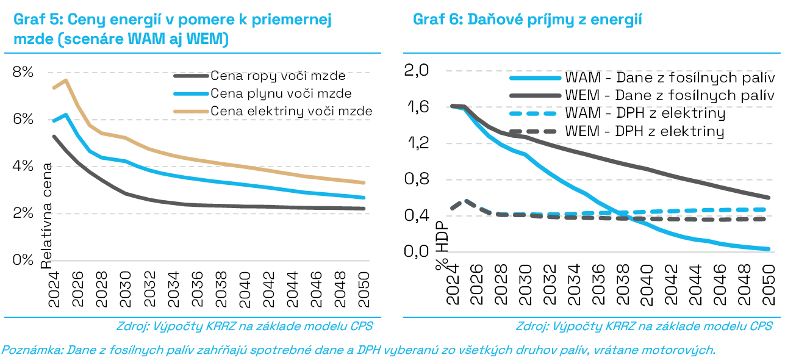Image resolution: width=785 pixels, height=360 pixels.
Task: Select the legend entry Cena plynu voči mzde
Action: (x=281, y=94)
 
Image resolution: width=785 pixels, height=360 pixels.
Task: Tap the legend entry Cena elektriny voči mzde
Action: (x=291, y=111)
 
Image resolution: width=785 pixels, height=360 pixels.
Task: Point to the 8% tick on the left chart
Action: (x=23, y=72)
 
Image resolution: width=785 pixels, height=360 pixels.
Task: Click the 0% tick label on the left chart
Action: (x=23, y=260)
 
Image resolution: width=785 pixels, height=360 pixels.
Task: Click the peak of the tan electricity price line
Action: (x=65, y=80)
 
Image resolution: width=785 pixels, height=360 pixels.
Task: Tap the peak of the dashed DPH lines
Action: (x=465, y=200)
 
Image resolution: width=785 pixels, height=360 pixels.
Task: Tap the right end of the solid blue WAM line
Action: (x=769, y=249)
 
